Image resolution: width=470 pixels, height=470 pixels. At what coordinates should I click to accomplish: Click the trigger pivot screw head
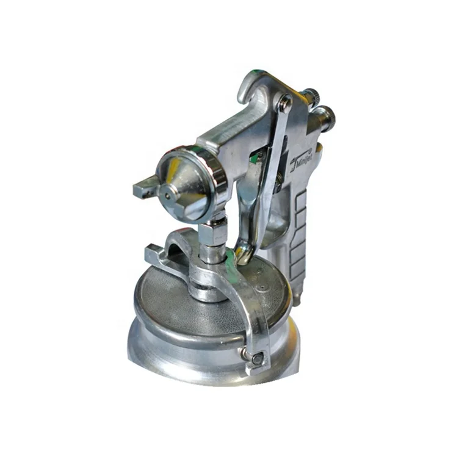[x=284, y=104]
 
